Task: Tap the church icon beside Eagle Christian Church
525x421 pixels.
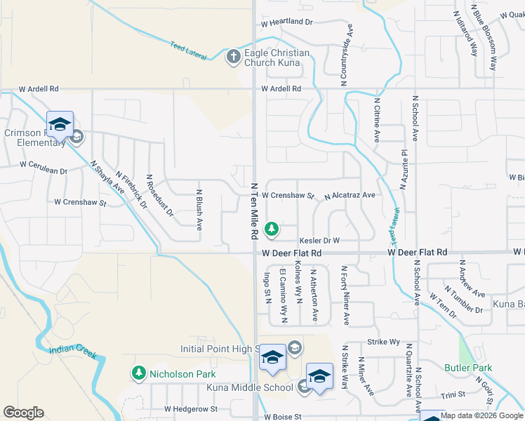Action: click(234, 57)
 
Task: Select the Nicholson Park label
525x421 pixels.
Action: click(182, 374)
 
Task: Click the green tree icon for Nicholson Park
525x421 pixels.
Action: click(139, 373)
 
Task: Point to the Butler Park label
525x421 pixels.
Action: click(468, 368)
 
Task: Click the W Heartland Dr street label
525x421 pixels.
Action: click(286, 22)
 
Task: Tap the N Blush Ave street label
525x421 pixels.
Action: click(199, 210)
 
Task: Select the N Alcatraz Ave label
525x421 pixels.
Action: click(350, 196)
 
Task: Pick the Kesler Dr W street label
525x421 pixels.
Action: click(319, 240)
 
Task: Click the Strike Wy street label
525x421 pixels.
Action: click(383, 342)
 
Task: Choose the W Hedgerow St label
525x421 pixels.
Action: click(191, 408)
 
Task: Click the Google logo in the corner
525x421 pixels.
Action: click(24, 413)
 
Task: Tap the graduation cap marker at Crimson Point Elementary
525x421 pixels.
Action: click(60, 124)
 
